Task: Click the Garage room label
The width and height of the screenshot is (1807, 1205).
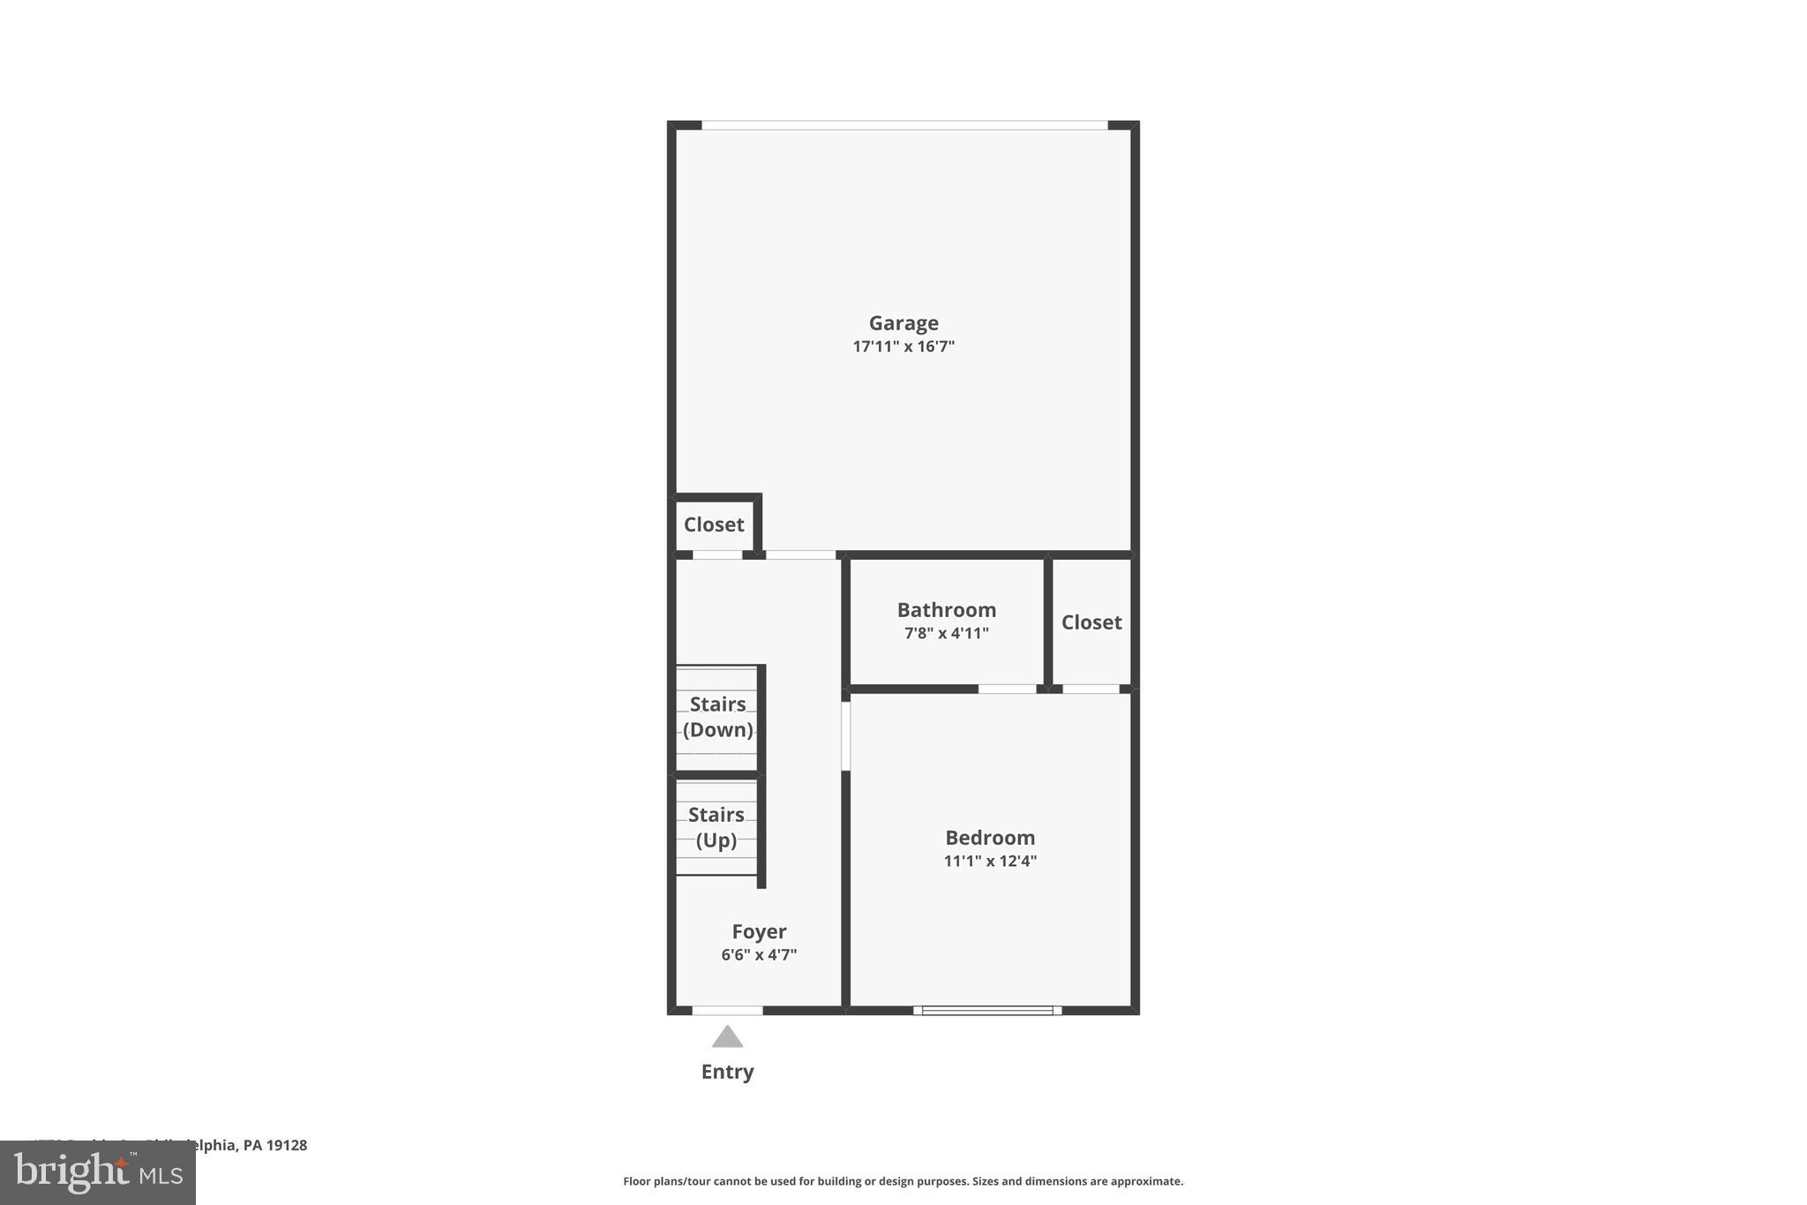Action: pyautogui.click(x=903, y=323)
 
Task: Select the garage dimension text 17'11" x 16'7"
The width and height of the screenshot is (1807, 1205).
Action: pyautogui.click(x=903, y=346)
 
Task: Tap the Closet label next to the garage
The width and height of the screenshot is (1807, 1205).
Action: pyautogui.click(x=714, y=524)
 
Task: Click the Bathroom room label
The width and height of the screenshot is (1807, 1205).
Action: pyautogui.click(x=946, y=610)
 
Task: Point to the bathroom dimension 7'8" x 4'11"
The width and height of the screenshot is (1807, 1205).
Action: pyautogui.click(x=946, y=633)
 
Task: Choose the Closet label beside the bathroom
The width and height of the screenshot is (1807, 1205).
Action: pyautogui.click(x=1091, y=622)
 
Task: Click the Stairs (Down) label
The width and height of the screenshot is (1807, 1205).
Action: pyautogui.click(x=717, y=717)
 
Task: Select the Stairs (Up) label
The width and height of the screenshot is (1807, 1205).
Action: pyautogui.click(x=716, y=827)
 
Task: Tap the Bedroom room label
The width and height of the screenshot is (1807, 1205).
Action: pyautogui.click(x=990, y=838)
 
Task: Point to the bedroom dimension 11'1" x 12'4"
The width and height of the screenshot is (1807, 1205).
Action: pyautogui.click(x=990, y=861)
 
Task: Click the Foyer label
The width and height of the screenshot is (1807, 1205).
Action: pyautogui.click(x=759, y=931)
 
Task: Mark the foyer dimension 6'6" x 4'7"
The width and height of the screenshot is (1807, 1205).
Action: pyautogui.click(x=759, y=954)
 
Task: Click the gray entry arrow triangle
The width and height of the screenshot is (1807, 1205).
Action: pyautogui.click(x=727, y=1037)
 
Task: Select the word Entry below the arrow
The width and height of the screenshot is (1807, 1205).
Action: pyautogui.click(x=727, y=1072)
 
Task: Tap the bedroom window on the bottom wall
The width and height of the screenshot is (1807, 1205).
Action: pyautogui.click(x=987, y=1010)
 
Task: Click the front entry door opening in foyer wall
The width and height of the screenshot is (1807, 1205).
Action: pyautogui.click(x=727, y=1010)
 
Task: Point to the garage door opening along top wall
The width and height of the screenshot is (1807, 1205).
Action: pyautogui.click(x=903, y=125)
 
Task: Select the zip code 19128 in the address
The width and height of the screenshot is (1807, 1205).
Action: pyautogui.click(x=288, y=1145)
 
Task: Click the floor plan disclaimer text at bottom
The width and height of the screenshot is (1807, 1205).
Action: pyautogui.click(x=903, y=1181)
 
